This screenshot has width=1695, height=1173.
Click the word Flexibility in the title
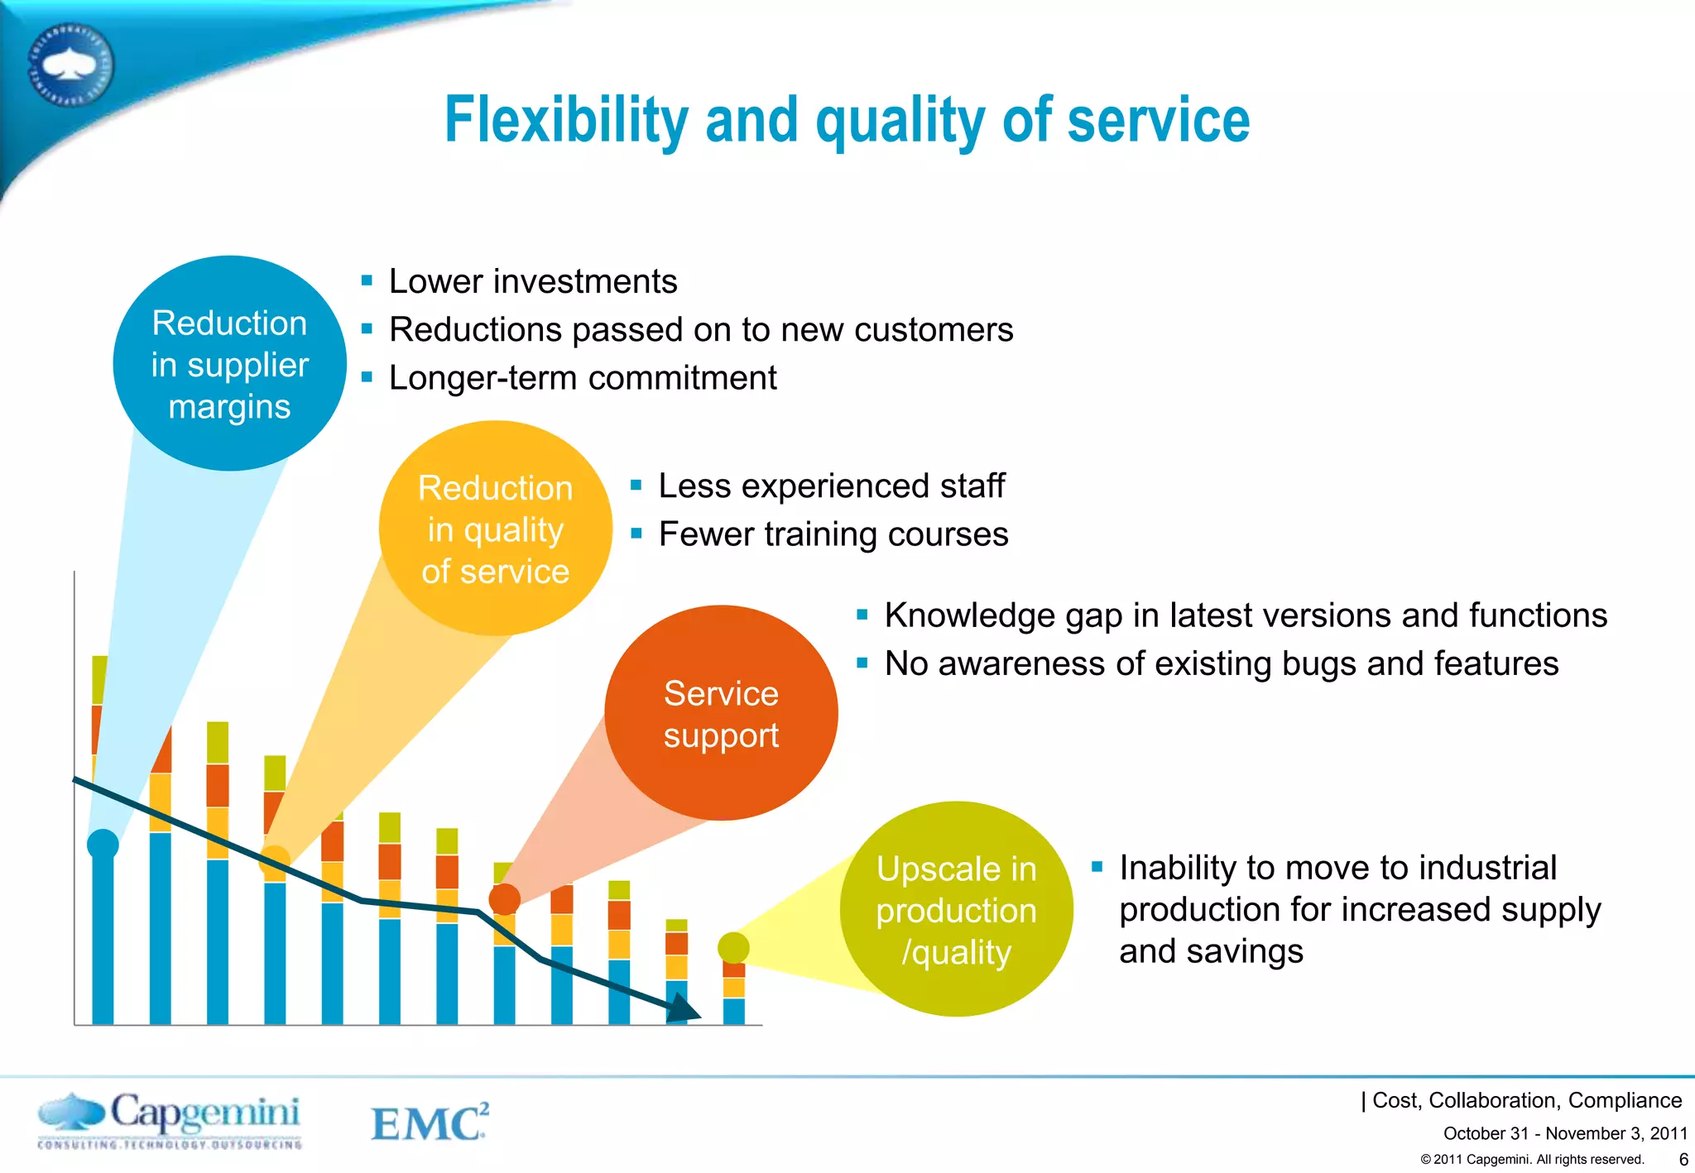[566, 121]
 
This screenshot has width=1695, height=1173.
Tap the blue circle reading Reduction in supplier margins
[229, 364]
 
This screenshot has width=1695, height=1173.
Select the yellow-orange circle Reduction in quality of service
[495, 529]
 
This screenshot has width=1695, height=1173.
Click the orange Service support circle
[721, 713]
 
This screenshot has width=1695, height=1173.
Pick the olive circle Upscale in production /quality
[956, 909]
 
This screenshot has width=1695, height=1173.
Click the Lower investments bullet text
[533, 281]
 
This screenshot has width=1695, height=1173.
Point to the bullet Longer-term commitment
[583, 378]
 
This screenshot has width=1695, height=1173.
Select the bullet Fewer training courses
[833, 534]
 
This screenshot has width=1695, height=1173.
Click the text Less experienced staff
[831, 486]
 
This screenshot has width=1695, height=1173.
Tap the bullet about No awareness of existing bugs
[1221, 663]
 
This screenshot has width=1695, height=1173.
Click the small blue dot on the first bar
[103, 844]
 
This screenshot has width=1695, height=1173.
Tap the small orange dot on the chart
[504, 899]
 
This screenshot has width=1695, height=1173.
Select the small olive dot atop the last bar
[733, 947]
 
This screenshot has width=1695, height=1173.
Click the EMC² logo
[430, 1122]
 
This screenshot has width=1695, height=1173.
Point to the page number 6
[1683, 1160]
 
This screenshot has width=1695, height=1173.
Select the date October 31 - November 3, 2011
[1564, 1133]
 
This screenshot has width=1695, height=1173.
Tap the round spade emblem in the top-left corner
[70, 65]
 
